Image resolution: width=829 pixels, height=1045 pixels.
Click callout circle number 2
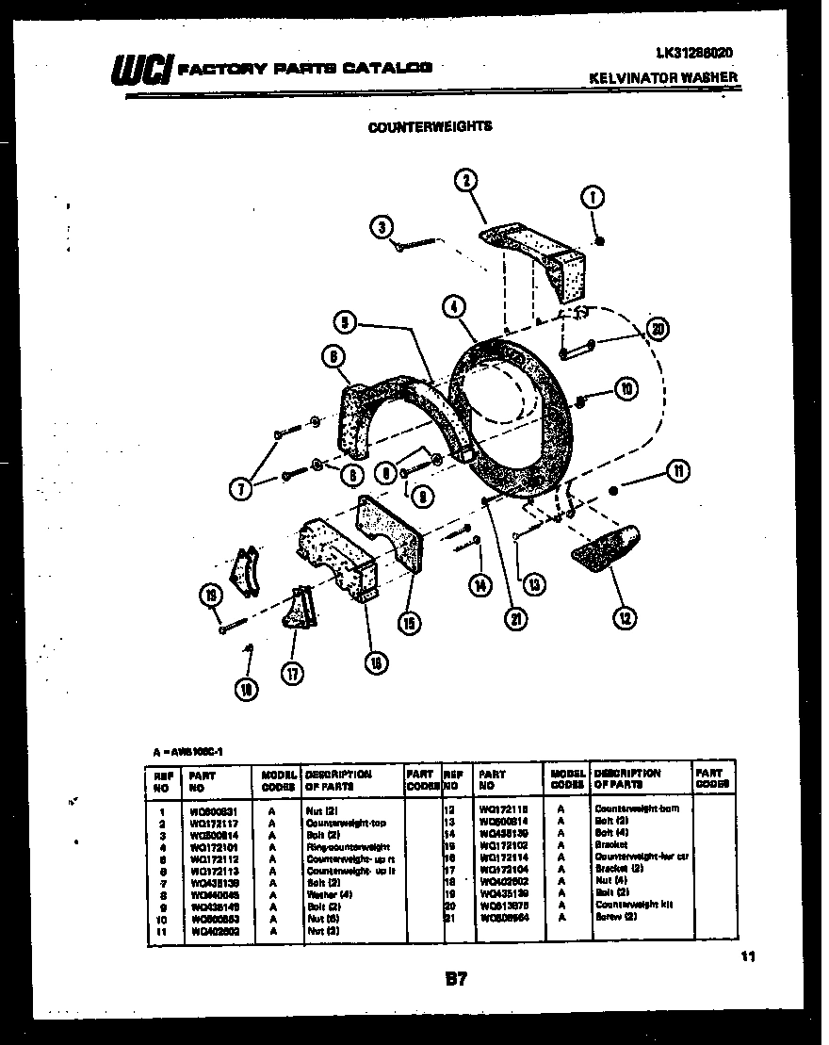click(x=464, y=180)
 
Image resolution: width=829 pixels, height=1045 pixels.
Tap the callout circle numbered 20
click(x=658, y=328)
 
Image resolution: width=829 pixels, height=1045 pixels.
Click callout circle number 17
click(x=293, y=673)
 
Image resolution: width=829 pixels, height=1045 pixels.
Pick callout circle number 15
click(x=409, y=622)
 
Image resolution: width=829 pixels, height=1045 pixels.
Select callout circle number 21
click(x=516, y=618)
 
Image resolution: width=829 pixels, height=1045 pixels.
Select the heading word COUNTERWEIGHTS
click(x=430, y=125)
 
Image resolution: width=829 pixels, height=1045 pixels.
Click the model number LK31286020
click(x=691, y=53)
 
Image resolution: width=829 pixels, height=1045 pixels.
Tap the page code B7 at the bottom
click(x=455, y=980)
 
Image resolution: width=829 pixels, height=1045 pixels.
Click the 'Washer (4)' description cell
click(x=328, y=893)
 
